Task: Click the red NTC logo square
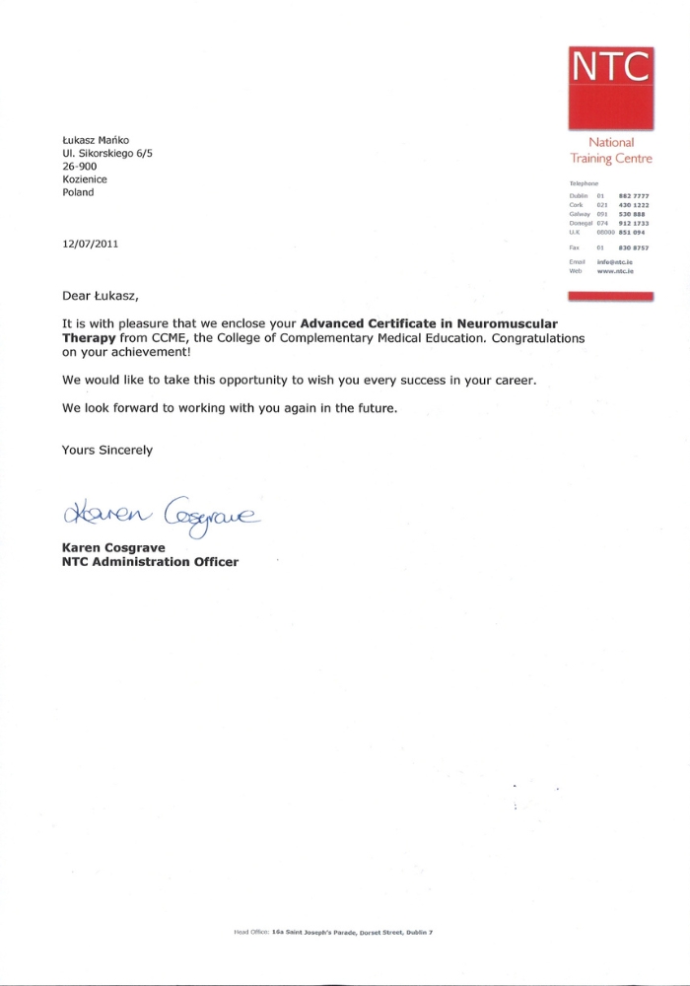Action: [x=611, y=87]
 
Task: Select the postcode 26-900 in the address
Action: [x=79, y=167]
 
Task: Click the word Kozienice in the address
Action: [x=85, y=179]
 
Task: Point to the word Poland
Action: [x=78, y=192]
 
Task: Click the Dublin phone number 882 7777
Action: [x=633, y=196]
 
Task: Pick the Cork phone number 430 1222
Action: [x=633, y=205]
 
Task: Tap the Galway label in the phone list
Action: [x=580, y=214]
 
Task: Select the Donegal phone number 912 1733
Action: [x=633, y=223]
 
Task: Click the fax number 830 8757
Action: [x=633, y=246]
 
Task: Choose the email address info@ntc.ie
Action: [x=614, y=261]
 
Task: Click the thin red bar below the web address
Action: [x=611, y=295]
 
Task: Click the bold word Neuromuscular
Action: [x=503, y=322]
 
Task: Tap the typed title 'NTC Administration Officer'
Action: [x=150, y=562]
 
